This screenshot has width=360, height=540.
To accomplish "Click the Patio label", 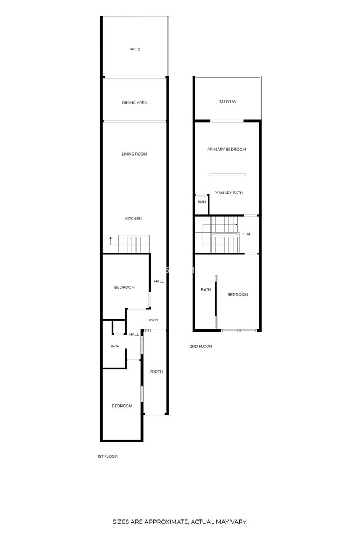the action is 134,49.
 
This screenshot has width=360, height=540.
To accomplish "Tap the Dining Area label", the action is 134,102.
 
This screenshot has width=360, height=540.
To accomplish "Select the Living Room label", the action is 134,154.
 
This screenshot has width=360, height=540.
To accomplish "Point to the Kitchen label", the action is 133,219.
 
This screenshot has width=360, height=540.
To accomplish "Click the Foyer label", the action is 153,320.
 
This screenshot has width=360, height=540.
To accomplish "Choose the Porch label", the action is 156,372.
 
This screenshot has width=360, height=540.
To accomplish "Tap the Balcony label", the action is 227,102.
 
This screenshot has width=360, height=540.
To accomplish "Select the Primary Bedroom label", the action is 227,149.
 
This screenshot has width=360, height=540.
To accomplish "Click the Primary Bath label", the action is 228,193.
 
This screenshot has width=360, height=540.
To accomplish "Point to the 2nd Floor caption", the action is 201,346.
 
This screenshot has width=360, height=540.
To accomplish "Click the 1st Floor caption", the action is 108,456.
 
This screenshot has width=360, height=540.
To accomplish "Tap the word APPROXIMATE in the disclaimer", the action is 167,531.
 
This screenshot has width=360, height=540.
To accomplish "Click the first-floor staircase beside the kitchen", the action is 134,244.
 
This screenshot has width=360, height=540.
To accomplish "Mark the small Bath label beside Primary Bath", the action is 202,202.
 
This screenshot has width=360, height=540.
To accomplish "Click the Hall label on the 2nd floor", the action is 248,234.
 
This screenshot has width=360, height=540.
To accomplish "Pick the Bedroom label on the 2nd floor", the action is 237,295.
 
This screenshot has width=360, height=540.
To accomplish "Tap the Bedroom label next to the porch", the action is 122,406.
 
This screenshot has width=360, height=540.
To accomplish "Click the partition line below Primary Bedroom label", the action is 227,175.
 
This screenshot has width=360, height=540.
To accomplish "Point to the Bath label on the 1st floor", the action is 115,347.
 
